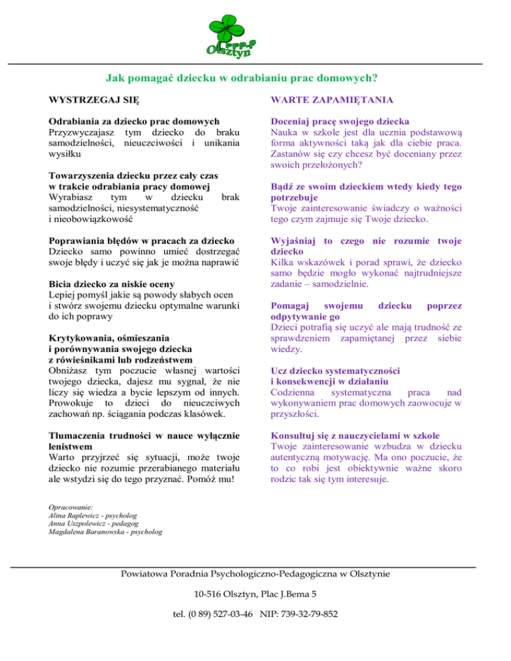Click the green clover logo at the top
click(x=230, y=33)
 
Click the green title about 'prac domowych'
click(x=242, y=78)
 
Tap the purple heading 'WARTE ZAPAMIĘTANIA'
click(x=330, y=100)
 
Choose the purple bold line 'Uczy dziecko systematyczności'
click(x=336, y=370)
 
